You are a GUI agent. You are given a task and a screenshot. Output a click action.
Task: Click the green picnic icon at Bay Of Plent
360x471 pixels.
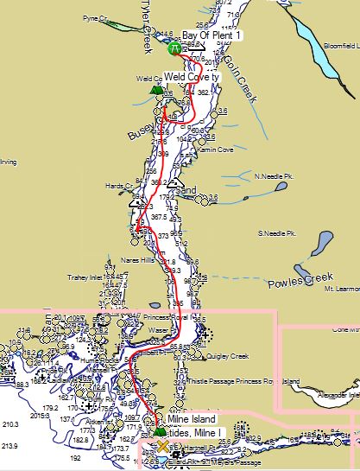pyautogui.click(x=174, y=48)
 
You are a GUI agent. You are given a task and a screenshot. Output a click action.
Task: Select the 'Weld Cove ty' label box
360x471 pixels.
pyautogui.click(x=193, y=77)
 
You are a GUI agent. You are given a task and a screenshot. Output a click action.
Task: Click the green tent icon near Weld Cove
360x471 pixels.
pyautogui.click(x=156, y=88)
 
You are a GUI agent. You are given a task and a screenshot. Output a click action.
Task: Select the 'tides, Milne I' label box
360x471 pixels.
pyautogui.click(x=195, y=432)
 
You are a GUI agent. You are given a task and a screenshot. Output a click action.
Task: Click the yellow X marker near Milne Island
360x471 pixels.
pyautogui.click(x=162, y=445)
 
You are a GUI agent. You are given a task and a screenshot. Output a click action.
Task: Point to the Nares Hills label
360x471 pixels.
pyautogui.click(x=137, y=259)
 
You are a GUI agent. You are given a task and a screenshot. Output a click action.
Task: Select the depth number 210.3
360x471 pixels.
pyautogui.click(x=10, y=424)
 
